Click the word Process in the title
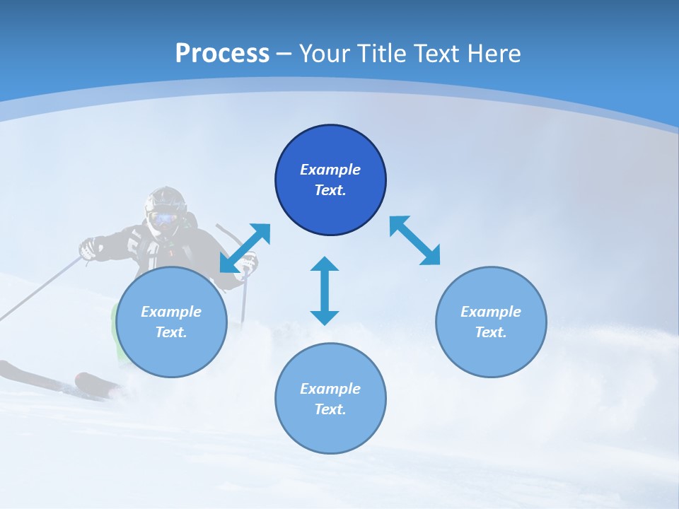[x=222, y=54]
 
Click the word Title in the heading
[x=382, y=54]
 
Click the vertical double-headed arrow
[x=325, y=291]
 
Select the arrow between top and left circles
[x=245, y=248]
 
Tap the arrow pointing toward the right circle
[x=415, y=241]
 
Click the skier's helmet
[x=166, y=199]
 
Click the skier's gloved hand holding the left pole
[x=88, y=248]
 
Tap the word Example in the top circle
[x=330, y=170]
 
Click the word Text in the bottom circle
[x=330, y=409]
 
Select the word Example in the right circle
[x=491, y=312]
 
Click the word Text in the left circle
[x=171, y=332]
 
